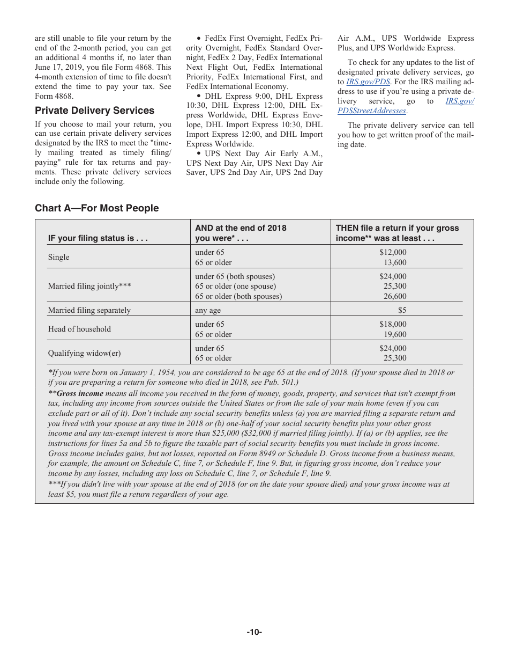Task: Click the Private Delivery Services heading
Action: pos(94,111)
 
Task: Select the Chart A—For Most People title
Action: pos(96,208)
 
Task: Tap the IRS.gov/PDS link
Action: pos(368,82)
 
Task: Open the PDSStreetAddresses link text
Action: pos(372,111)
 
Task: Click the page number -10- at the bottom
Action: pos(254,632)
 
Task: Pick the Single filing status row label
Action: pos(58,257)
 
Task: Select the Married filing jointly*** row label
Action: pos(89,286)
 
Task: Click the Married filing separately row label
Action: pos(89,310)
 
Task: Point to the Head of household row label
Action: pos(79,329)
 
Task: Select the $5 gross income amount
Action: pos(402,310)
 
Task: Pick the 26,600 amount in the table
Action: pos(395,296)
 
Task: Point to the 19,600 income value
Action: pos(395,334)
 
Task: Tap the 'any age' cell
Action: pos(208,310)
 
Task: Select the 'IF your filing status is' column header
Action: pos(98,238)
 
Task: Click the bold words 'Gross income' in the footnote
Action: pos(80,393)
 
